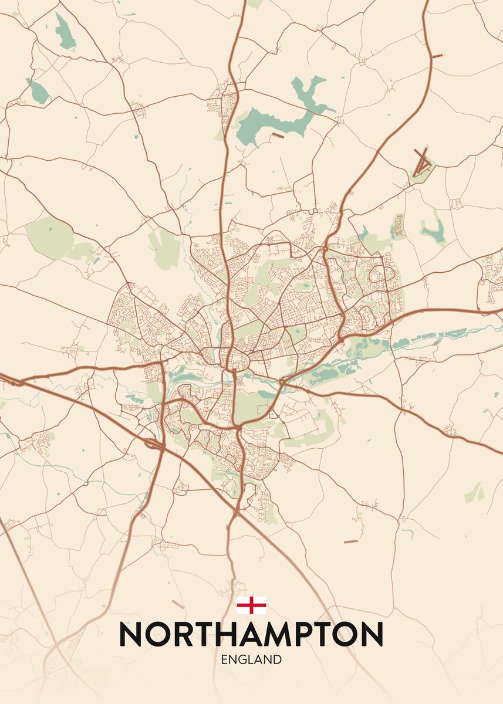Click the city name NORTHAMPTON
point(251,634)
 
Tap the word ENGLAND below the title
point(251,660)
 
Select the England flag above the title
point(251,605)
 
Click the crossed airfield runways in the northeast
point(422,163)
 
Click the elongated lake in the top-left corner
point(64,32)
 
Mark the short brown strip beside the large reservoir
point(278,136)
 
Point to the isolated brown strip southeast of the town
point(350,541)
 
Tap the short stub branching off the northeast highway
point(437,56)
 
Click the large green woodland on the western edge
point(50,238)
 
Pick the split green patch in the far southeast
point(474,493)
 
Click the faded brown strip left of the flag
point(178,604)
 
